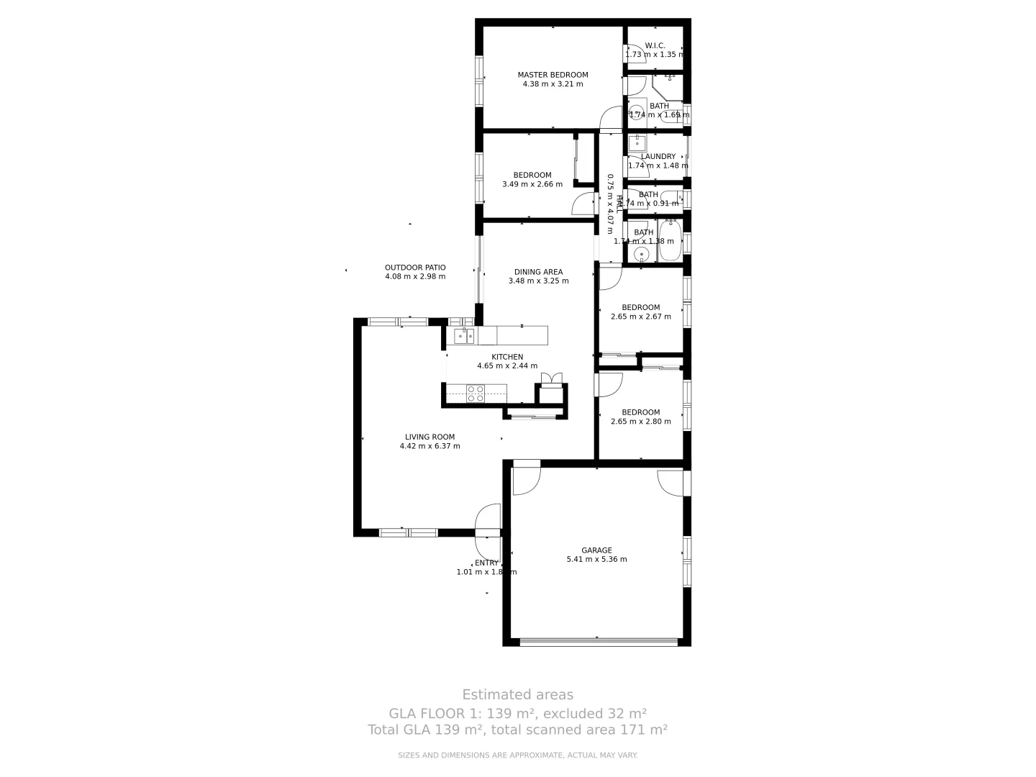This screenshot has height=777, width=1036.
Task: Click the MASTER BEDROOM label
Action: point(553,75)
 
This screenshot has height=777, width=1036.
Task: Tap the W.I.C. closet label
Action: point(655,46)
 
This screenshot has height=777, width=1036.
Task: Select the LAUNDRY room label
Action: point(658,157)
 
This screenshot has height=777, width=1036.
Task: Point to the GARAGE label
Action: point(596,550)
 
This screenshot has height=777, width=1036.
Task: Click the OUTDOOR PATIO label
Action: point(415,268)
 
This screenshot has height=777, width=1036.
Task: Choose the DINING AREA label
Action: point(538,272)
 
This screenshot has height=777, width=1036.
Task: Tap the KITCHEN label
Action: point(507,357)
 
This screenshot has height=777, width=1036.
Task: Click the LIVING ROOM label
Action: point(430,437)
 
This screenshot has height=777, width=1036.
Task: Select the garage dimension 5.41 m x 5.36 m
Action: point(596,560)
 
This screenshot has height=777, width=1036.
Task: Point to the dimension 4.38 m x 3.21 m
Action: point(553,84)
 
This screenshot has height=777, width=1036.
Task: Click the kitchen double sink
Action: point(464,336)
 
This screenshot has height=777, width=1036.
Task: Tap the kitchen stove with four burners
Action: point(476,393)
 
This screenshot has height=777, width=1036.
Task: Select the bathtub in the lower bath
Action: point(671,241)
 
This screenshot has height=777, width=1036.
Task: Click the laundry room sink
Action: point(637,143)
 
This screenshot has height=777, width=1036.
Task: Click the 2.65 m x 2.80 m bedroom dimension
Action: point(640,422)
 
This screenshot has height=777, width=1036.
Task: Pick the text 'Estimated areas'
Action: point(517,695)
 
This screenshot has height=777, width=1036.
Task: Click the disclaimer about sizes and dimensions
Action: point(517,755)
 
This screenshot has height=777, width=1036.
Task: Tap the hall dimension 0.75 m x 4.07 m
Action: point(609,204)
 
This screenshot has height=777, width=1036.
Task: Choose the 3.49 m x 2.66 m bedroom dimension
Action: point(532,184)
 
